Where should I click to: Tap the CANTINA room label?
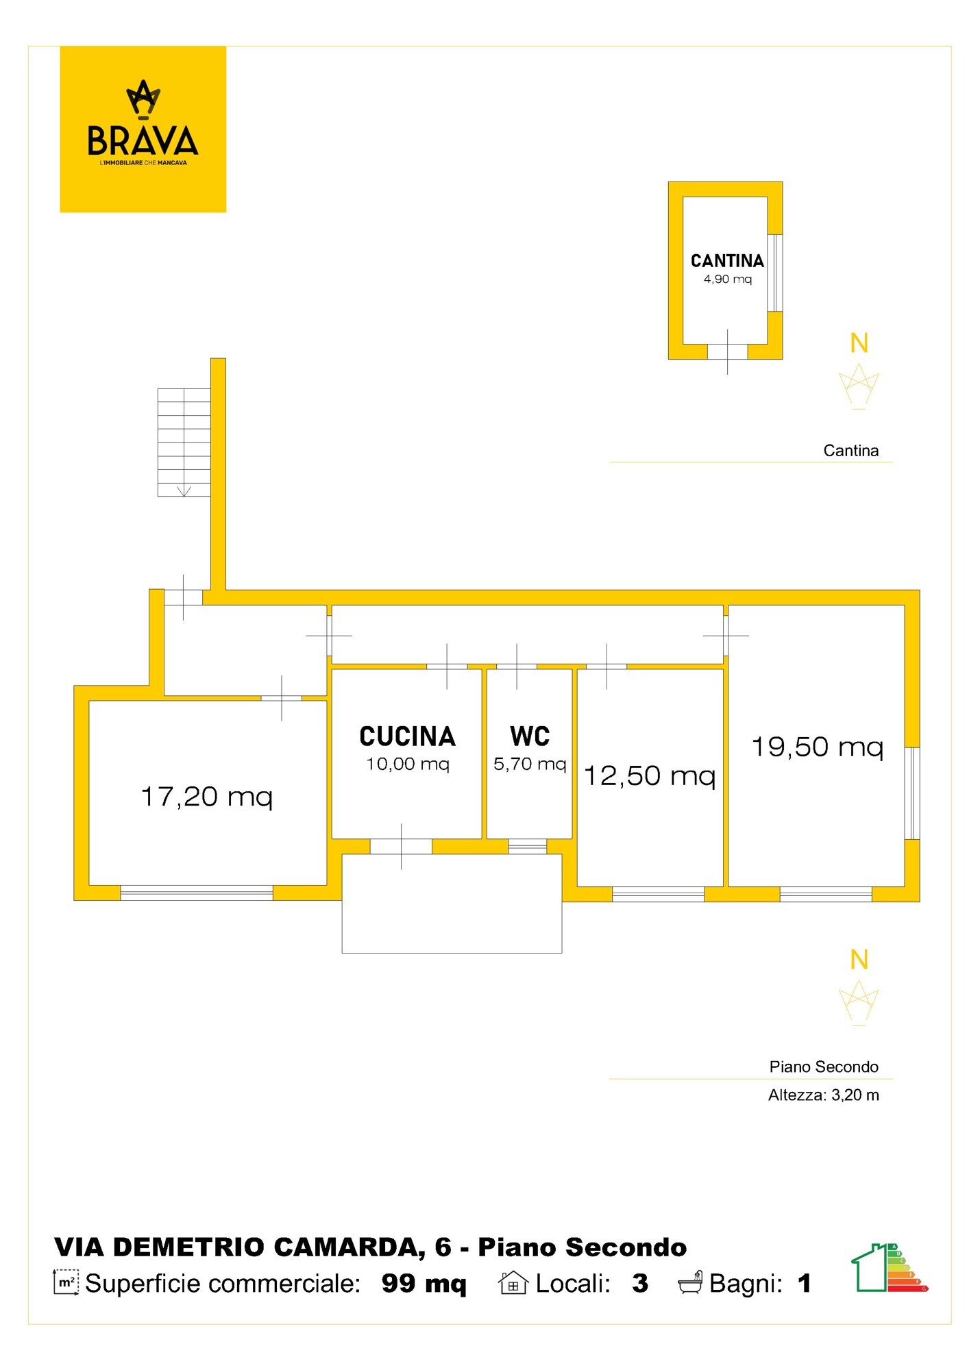727,261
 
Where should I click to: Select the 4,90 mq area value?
728,279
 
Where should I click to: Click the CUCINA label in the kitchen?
408,736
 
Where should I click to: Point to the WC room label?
530,736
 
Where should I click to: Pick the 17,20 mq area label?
207,797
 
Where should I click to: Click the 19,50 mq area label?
818,747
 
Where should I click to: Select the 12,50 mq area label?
650,775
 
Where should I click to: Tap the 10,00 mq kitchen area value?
408,764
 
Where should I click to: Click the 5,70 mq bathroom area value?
530,764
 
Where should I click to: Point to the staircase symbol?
184,443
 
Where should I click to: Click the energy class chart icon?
890,1267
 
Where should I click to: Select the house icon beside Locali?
513,1282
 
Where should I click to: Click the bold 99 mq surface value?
424,1284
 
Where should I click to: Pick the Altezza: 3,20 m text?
824,1095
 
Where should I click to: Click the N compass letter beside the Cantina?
859,343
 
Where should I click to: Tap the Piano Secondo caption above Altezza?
824,1067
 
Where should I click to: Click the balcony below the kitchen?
452,904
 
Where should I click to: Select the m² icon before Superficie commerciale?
66,1282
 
